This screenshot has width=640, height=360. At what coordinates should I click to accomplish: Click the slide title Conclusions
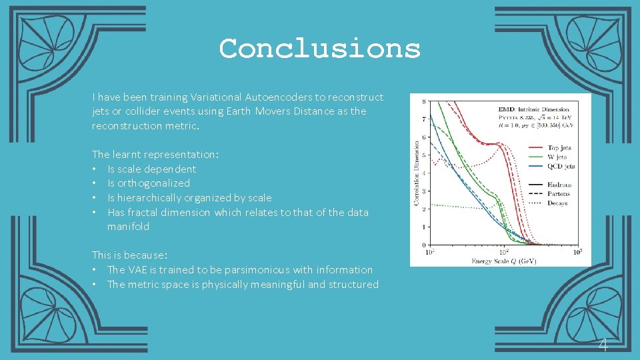(x=320, y=49)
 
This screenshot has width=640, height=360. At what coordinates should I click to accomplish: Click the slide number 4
(x=603, y=345)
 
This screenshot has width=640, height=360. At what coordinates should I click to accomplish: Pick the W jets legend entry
(x=557, y=157)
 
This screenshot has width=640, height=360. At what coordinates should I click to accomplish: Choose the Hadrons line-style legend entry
(x=560, y=184)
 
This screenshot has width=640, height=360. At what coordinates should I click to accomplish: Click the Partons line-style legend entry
(x=559, y=193)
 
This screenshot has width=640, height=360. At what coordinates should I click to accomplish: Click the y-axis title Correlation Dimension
(x=417, y=172)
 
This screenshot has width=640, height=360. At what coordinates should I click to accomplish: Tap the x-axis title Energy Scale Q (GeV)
(x=504, y=261)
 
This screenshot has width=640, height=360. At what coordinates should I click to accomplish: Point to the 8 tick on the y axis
(x=425, y=102)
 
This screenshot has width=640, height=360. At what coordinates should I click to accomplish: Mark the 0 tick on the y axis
(x=425, y=245)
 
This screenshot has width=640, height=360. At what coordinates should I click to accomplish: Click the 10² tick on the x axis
(x=504, y=252)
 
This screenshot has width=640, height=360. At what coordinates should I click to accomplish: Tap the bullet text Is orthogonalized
(x=149, y=183)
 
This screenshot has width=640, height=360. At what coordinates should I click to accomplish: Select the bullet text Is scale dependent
(x=152, y=169)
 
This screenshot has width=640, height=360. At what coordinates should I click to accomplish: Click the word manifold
(x=128, y=227)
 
